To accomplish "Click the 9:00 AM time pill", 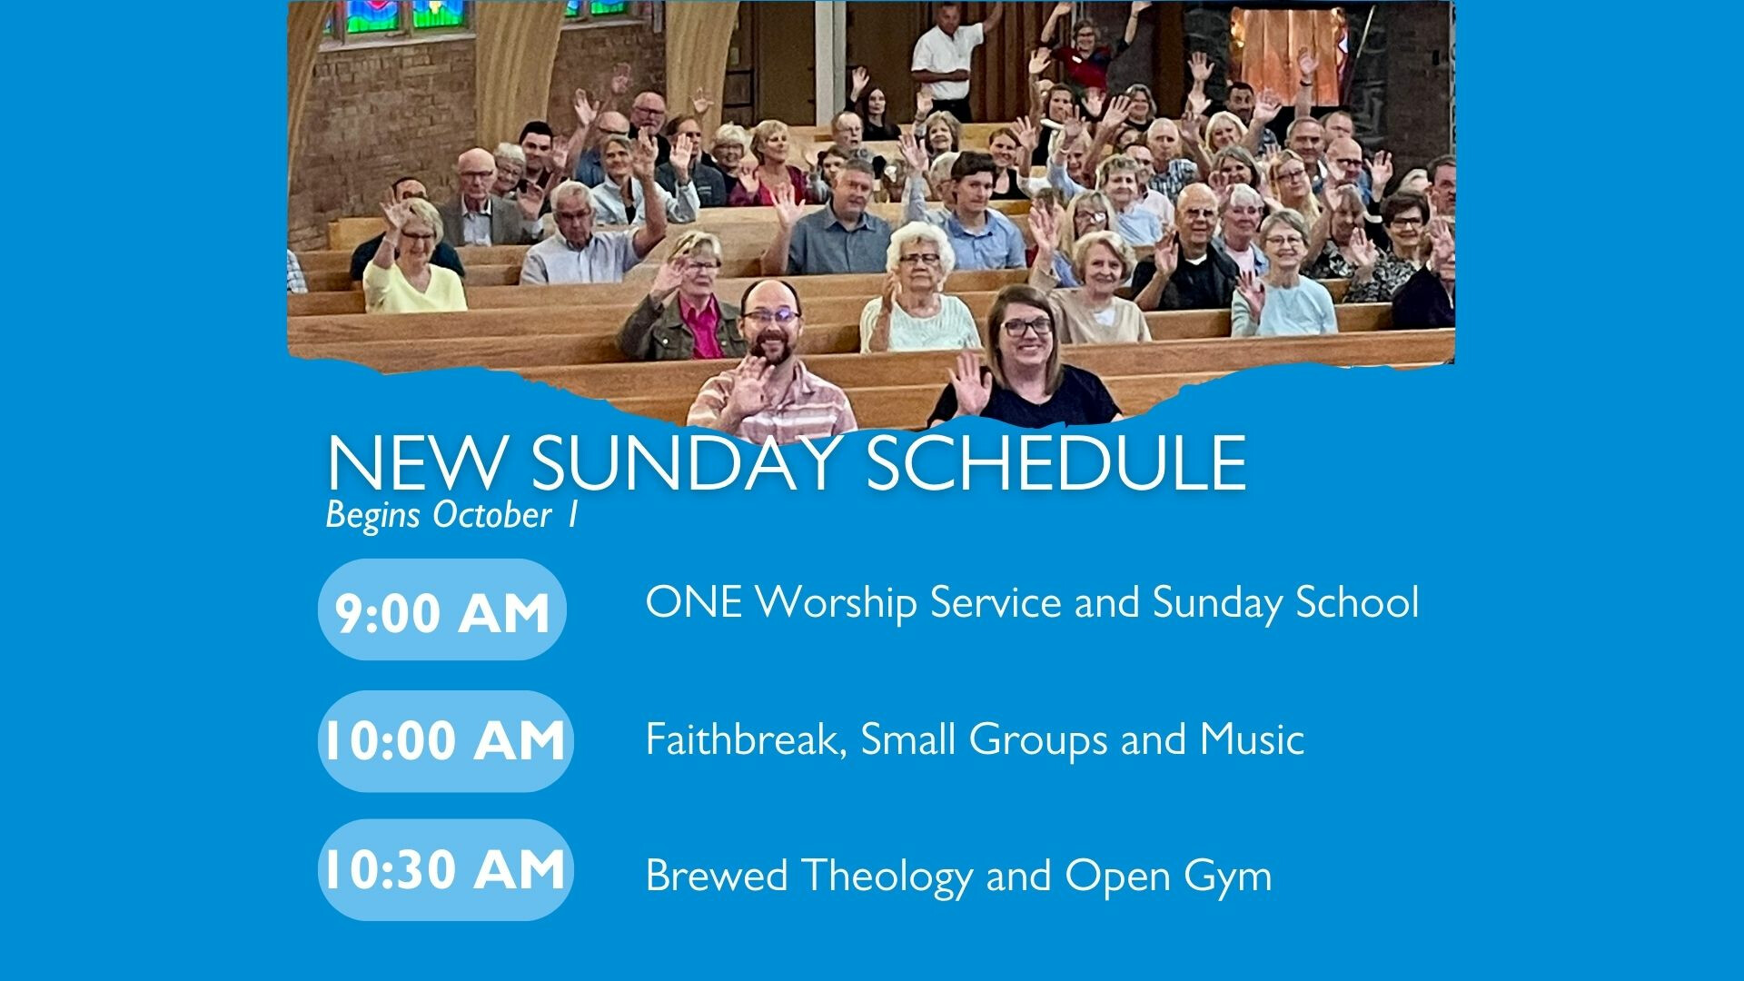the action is [x=442, y=609].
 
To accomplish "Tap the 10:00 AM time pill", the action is [x=446, y=741].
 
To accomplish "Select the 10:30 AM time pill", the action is [x=446, y=870].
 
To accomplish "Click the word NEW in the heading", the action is [x=414, y=463].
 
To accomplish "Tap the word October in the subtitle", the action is [x=491, y=514].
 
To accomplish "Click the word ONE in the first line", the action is [x=693, y=602].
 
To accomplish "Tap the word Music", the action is [x=1252, y=739].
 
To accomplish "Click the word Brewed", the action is [x=717, y=876].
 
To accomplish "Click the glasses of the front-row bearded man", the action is [x=771, y=317].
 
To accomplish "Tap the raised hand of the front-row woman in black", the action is [x=970, y=382].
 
